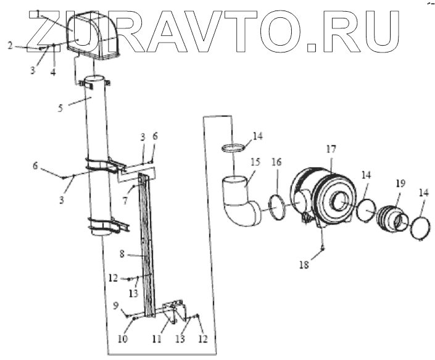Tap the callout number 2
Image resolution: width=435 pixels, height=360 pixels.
pyautogui.click(x=10, y=45)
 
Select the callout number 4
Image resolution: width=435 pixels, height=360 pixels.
pyautogui.click(x=54, y=72)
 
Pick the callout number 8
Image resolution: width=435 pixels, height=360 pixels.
pyautogui.click(x=123, y=253)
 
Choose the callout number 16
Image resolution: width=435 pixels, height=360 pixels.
pyautogui.click(x=276, y=162)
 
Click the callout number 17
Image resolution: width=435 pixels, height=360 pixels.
pyautogui.click(x=331, y=149)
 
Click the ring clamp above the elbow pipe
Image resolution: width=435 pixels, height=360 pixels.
pyautogui.click(x=233, y=148)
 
